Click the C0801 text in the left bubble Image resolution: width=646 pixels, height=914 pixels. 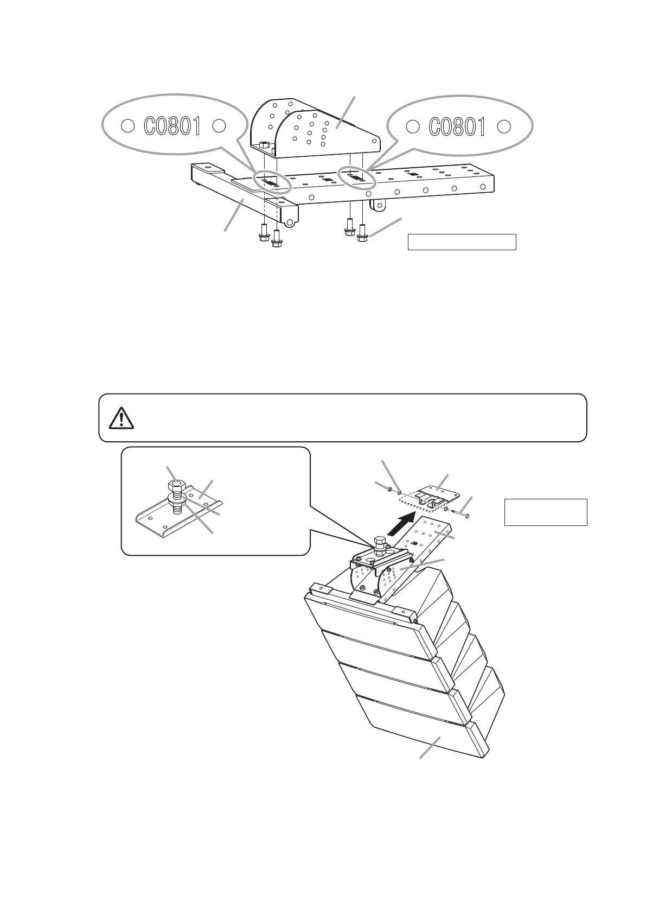coord(172,126)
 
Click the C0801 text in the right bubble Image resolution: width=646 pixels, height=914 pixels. coord(457,126)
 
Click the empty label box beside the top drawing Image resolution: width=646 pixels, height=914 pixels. coord(461,242)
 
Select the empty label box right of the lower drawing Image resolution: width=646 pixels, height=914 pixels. coord(546,512)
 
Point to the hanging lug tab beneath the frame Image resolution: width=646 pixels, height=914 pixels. coord(379,205)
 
